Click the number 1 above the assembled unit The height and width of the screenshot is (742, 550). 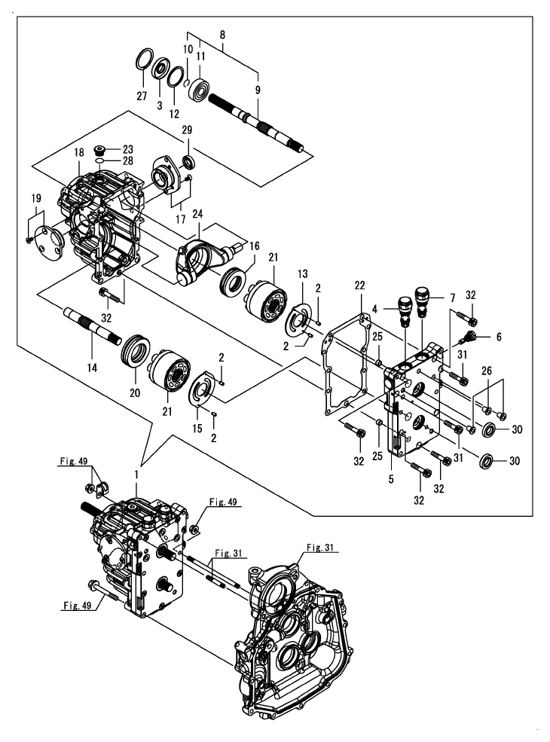point(136,476)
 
